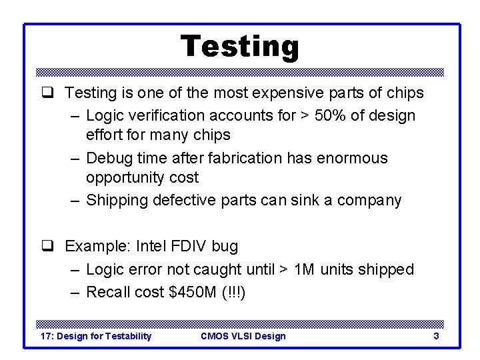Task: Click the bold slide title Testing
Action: tap(240, 47)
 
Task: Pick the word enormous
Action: tap(353, 158)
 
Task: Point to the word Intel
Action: tap(153, 246)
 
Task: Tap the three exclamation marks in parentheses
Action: tap(237, 292)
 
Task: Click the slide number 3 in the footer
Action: tap(436, 336)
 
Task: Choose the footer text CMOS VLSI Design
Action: tap(243, 336)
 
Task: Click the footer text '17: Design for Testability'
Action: tap(96, 336)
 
